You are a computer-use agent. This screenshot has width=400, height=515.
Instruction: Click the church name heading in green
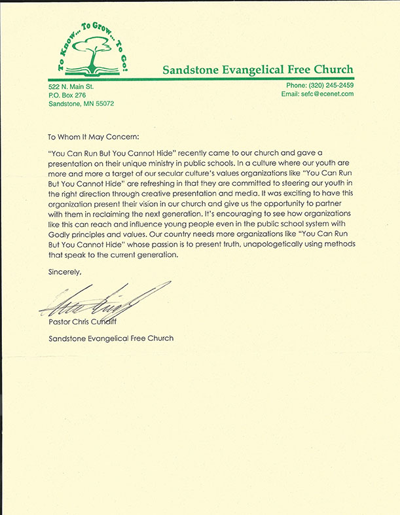pos(257,69)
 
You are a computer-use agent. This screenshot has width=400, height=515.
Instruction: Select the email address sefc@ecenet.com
pos(318,94)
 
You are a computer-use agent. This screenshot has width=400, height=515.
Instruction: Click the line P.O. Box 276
pos(67,95)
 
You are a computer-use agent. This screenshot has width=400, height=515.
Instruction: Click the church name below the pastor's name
pos(111,338)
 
